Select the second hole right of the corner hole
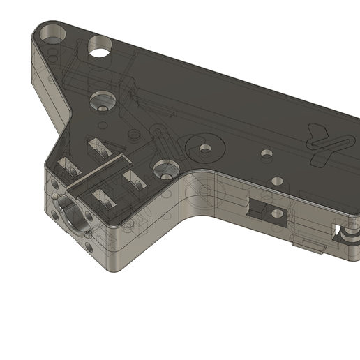[102, 47]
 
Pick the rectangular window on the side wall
[267, 209]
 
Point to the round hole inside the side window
[278, 213]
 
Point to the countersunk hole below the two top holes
[103, 101]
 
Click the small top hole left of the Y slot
[266, 153]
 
